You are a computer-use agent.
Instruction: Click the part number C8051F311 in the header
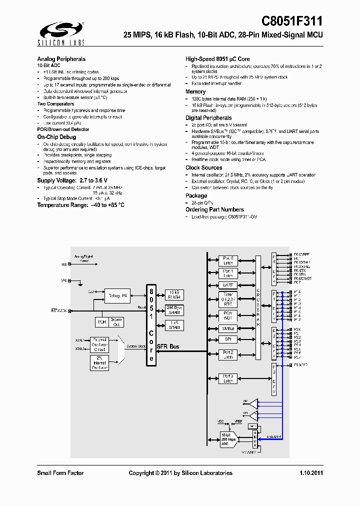click(292, 21)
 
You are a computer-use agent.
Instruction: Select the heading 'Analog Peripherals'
click(61, 58)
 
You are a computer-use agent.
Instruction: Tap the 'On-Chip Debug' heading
click(56, 136)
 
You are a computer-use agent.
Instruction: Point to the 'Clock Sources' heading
click(203, 167)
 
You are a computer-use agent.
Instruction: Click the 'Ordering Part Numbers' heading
click(214, 209)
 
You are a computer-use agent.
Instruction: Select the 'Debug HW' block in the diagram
click(118, 295)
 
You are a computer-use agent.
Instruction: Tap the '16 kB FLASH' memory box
click(174, 294)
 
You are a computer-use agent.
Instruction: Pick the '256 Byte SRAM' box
click(174, 309)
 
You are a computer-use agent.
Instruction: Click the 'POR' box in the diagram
click(102, 322)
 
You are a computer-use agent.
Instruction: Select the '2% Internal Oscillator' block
click(99, 362)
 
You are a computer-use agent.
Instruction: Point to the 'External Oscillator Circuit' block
click(99, 343)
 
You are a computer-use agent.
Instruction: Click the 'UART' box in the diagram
click(228, 285)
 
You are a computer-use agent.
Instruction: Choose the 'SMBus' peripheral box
click(228, 328)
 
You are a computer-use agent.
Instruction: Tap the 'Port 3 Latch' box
click(228, 378)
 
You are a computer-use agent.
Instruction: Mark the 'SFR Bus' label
click(168, 346)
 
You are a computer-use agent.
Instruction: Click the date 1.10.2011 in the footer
click(311, 473)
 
